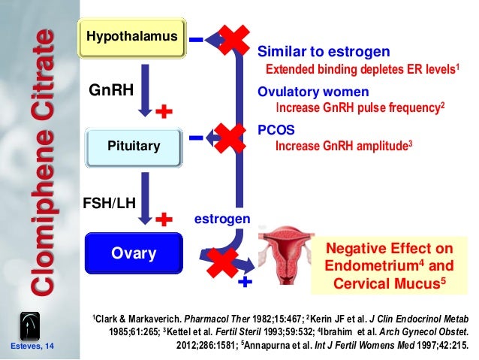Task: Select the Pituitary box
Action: point(134,145)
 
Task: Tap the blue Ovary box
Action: point(133,253)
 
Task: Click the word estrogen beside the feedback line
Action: point(222,219)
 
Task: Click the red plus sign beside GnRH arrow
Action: point(164,113)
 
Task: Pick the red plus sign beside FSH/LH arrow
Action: point(164,219)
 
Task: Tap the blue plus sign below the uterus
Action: point(245,283)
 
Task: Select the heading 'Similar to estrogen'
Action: point(324,53)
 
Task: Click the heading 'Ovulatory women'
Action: point(313,92)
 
